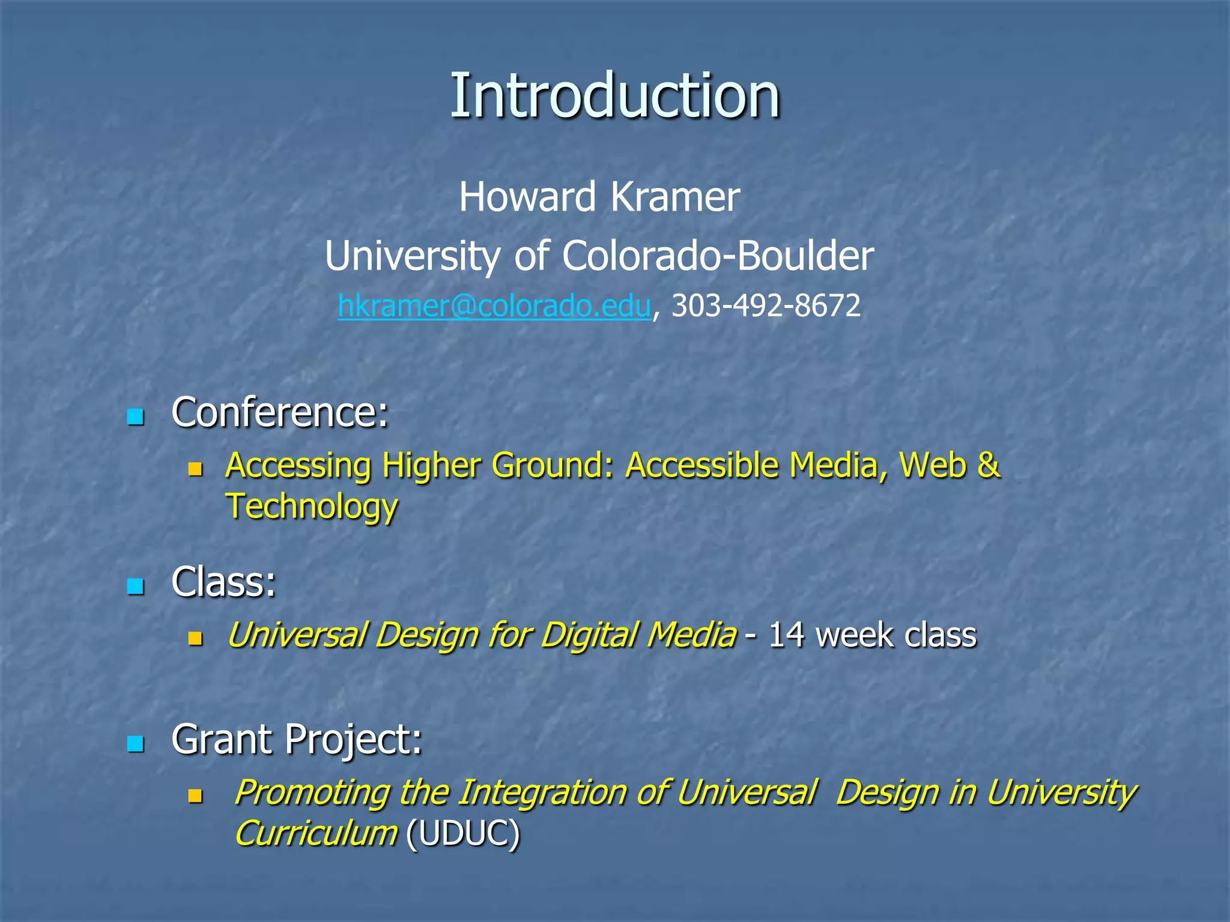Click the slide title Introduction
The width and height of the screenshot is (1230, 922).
tap(614, 96)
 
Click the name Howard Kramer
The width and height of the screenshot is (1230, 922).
tap(599, 197)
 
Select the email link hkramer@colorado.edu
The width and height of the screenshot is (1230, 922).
tap(494, 306)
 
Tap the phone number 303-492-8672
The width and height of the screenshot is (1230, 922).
tap(766, 306)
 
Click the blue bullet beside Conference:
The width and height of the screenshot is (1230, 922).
tap(136, 416)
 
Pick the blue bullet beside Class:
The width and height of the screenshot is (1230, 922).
tap(136, 586)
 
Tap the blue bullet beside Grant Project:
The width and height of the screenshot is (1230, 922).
tap(136, 744)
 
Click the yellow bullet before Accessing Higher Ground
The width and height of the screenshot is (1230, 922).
tap(195, 468)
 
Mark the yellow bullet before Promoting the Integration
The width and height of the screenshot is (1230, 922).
tap(195, 795)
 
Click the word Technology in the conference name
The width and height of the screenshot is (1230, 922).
tap(311, 506)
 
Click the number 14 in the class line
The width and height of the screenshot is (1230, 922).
tap(786, 635)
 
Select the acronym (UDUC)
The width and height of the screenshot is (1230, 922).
tap(462, 833)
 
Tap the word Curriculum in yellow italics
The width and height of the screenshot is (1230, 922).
tap(316, 833)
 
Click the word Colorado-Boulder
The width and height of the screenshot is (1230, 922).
tap(718, 256)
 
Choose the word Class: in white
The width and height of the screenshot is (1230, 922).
tap(223, 582)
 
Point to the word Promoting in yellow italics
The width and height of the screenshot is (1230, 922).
tap(311, 792)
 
